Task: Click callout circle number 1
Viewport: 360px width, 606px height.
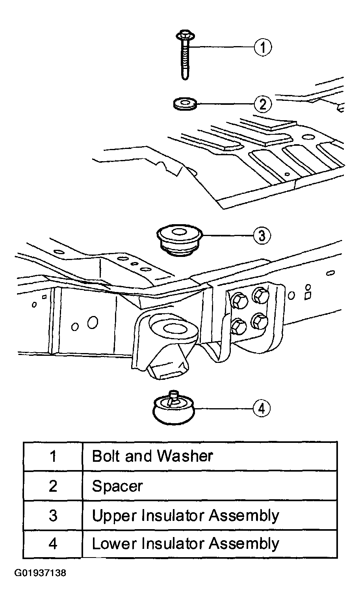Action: pos(263,47)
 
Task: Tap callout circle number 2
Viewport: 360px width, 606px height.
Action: pos(263,104)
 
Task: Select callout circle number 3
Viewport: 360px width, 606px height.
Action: pos(262,235)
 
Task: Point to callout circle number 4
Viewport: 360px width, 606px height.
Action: pos(262,409)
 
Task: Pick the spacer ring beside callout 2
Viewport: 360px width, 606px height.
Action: pos(185,104)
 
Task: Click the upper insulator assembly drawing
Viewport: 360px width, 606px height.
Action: pos(179,240)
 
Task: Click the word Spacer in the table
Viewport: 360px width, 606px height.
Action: pos(117,486)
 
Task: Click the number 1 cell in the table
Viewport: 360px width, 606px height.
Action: pos(53,456)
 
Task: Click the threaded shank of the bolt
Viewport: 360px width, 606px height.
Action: pos(185,60)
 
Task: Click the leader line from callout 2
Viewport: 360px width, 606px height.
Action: pos(225,104)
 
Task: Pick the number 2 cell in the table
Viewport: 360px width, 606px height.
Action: pos(53,486)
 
